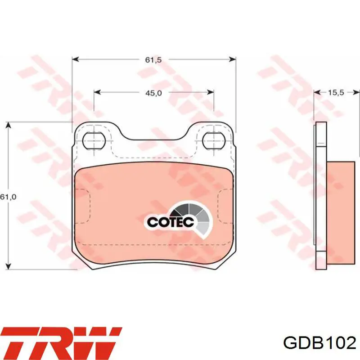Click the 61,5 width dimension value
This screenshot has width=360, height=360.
[153, 60]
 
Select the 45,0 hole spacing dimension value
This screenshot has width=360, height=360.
[153, 93]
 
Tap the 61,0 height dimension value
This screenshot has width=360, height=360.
[8, 197]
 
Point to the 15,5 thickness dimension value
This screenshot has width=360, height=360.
[336, 93]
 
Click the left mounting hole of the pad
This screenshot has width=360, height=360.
[94, 141]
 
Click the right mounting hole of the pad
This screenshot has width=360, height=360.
[214, 140]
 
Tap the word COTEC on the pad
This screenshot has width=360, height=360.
[171, 222]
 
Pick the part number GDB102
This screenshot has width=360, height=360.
[320, 343]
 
